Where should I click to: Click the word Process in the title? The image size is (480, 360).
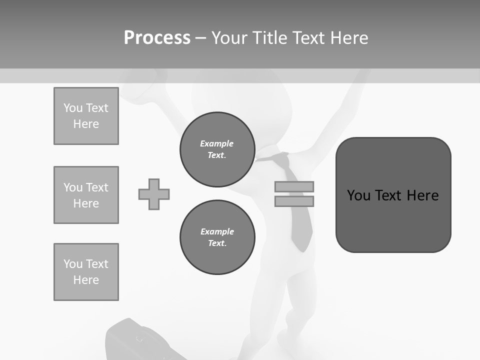click(x=157, y=38)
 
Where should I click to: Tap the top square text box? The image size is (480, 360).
click(x=86, y=116)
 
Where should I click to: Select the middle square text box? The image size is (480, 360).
click(x=86, y=195)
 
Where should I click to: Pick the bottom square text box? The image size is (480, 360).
click(x=86, y=272)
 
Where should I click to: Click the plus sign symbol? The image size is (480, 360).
click(x=154, y=194)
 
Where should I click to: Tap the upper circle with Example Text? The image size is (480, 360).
click(x=217, y=149)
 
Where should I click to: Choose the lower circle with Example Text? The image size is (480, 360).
click(x=217, y=237)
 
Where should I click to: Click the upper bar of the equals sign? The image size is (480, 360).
click(x=294, y=186)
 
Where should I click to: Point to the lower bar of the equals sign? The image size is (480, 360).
click(x=294, y=201)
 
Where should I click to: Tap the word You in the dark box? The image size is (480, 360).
click(x=358, y=195)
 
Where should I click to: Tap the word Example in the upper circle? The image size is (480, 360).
click(x=216, y=143)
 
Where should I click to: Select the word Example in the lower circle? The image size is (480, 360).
click(x=217, y=231)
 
